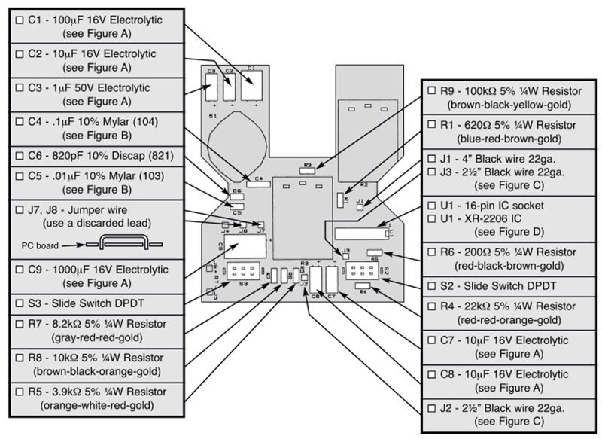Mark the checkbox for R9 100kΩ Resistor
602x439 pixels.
[x=432, y=90]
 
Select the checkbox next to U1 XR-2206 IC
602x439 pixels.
[x=432, y=218]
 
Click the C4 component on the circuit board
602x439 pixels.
[x=258, y=179]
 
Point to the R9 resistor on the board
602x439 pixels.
[x=307, y=170]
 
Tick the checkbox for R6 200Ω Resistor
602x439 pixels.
[x=432, y=252]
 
